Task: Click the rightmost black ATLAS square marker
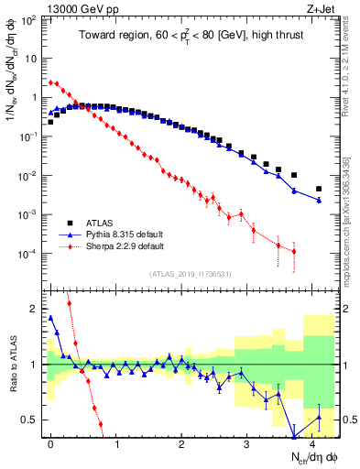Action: [x=319, y=189]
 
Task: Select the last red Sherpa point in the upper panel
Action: [x=293, y=251]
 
